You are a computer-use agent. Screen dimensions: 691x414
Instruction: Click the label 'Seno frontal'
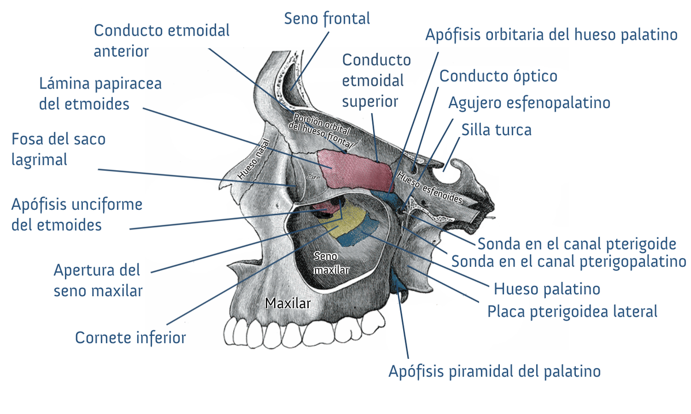coord(327,19)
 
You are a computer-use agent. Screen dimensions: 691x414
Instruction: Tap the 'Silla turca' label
coord(496,130)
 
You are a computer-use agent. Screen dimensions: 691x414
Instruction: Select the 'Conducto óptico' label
coord(498,76)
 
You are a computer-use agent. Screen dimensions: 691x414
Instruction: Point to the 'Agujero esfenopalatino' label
coord(529,103)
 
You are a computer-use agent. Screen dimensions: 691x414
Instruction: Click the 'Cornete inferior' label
coord(131,338)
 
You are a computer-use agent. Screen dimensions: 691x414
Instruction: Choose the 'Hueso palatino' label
coord(547,289)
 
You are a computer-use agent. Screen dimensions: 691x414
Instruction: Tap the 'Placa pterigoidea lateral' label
coord(572,312)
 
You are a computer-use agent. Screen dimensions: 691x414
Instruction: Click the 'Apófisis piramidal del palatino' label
coord(495,371)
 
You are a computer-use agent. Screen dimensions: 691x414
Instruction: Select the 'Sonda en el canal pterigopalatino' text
coord(568,262)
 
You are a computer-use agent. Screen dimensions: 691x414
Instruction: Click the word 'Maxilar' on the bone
coord(287,304)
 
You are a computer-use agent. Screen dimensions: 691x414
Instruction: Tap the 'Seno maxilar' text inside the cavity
coord(331,263)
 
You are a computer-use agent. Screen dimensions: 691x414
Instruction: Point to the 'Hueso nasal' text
coord(253,159)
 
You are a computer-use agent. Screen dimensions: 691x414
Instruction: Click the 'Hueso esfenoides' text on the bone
coord(430,187)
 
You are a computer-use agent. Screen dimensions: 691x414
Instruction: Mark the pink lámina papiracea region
coord(355,170)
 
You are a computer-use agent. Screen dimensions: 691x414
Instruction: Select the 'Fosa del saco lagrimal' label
coord(59,149)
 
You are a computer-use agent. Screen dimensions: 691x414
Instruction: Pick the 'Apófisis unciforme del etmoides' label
coord(77,214)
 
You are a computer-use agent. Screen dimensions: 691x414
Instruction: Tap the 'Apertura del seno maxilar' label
coord(98,281)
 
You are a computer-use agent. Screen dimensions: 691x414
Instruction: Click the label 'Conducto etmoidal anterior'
coord(162,41)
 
